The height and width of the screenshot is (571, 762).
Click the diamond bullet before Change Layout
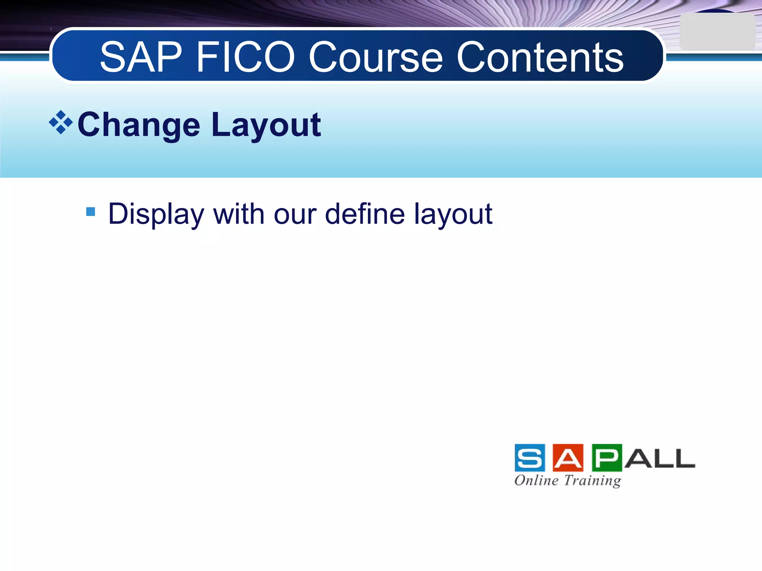[61, 122]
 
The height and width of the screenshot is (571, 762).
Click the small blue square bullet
[90, 212]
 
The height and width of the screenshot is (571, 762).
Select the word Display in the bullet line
[156, 214]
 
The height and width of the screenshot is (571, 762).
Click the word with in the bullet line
[238, 214]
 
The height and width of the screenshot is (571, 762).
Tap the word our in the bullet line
[295, 214]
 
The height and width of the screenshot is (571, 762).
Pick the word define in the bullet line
[365, 214]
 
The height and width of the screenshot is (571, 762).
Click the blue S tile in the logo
[530, 458]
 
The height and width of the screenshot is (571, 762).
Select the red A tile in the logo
[568, 458]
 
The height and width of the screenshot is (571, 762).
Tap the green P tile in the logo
[606, 458]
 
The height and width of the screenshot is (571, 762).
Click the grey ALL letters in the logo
[659, 458]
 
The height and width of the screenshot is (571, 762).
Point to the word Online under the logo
[536, 480]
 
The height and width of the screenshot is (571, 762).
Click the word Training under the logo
[592, 481]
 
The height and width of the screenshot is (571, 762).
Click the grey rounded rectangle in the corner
[717, 32]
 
